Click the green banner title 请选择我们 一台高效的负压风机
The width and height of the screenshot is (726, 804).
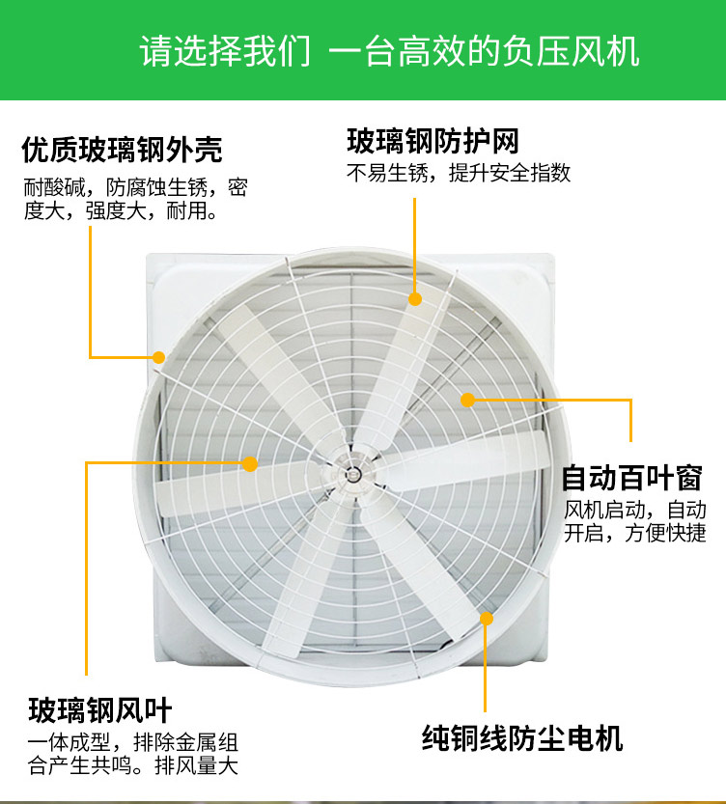(390, 51)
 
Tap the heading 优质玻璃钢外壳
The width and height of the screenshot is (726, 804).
(122, 150)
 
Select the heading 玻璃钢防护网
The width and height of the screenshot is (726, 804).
(433, 141)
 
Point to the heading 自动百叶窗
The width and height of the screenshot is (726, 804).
(631, 478)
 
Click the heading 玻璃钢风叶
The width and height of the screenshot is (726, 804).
(100, 709)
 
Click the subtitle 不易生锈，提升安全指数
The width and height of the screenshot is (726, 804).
(459, 173)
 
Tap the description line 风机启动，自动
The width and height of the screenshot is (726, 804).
(634, 510)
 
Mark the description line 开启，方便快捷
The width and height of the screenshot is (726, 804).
(634, 533)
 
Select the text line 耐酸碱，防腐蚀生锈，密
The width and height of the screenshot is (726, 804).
(136, 187)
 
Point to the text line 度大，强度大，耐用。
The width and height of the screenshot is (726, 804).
(121, 210)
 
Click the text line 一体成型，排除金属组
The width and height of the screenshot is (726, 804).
(133, 742)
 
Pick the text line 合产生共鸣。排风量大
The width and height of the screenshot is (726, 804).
(133, 765)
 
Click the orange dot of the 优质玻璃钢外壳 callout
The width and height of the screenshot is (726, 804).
(159, 357)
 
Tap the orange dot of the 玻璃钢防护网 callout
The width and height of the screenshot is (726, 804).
(415, 299)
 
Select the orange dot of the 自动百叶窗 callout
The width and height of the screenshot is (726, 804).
(467, 400)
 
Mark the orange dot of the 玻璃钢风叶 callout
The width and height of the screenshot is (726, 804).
(250, 464)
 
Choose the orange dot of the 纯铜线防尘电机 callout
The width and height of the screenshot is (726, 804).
(486, 619)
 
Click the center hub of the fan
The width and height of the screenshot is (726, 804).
(351, 474)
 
